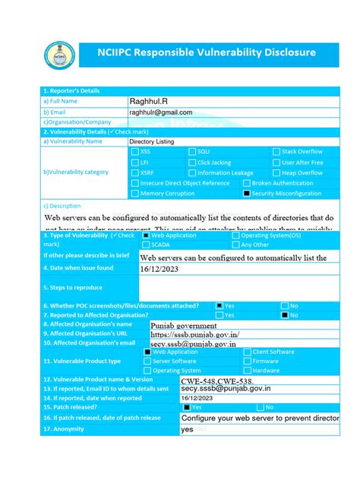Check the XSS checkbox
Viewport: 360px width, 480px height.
(x=134, y=152)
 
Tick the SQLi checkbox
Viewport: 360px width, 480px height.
(x=191, y=152)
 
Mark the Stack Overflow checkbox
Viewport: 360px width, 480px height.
(x=276, y=152)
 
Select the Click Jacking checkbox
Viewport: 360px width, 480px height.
(x=191, y=163)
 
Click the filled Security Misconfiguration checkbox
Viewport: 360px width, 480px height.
(x=246, y=194)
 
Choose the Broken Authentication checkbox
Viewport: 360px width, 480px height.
(x=246, y=183)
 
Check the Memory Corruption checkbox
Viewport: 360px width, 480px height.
(x=134, y=194)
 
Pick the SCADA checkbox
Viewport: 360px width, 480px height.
(x=146, y=245)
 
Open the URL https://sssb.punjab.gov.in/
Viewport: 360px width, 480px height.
(x=195, y=333)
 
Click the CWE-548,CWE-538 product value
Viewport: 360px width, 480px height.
(x=218, y=380)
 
